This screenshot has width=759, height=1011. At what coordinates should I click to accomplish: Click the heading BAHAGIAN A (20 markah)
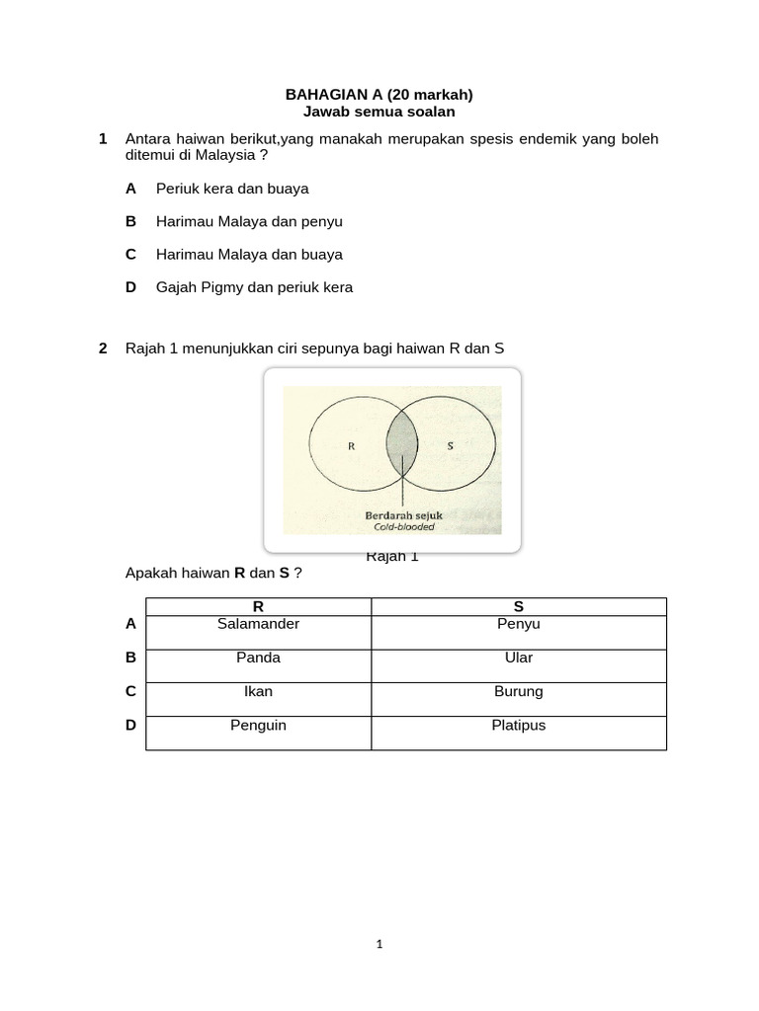pos(379,95)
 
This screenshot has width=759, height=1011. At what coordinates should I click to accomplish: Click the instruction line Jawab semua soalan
pos(379,113)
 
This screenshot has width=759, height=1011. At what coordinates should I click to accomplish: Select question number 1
pos(103,139)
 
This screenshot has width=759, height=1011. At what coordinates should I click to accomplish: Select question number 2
pos(103,349)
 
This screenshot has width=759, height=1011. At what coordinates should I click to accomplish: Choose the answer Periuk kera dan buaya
pos(232,188)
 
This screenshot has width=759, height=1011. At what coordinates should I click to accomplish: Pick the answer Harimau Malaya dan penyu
pos(249,221)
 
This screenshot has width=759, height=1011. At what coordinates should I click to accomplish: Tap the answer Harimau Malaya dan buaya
pos(249,255)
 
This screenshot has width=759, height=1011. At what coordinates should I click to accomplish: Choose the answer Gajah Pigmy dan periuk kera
pos(254,288)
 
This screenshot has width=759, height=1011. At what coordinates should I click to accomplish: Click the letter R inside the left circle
pos(351,445)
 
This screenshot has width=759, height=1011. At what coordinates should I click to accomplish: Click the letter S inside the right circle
pos(450,445)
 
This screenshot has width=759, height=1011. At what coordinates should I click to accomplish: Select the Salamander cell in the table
pos(258,625)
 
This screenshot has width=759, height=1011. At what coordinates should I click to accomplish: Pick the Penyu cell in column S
pos(518,625)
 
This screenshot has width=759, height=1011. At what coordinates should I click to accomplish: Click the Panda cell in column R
pos(258,659)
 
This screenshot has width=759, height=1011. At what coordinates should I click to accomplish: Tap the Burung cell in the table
pos(518,692)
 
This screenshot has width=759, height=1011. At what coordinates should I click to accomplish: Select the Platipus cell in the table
pos(518,726)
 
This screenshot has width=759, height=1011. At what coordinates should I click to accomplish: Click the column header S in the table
pos(518,606)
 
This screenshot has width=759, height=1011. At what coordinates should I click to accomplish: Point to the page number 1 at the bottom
pos(379,944)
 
